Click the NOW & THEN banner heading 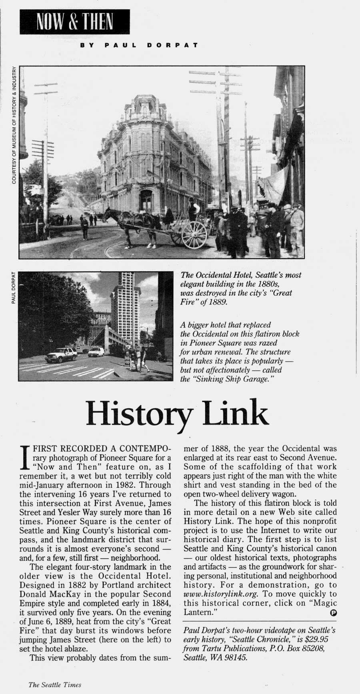click(74, 22)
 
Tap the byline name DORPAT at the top click(172, 45)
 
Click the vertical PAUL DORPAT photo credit click(13, 288)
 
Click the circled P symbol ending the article click(333, 612)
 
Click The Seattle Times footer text click(55, 685)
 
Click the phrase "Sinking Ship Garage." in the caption click(227, 379)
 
